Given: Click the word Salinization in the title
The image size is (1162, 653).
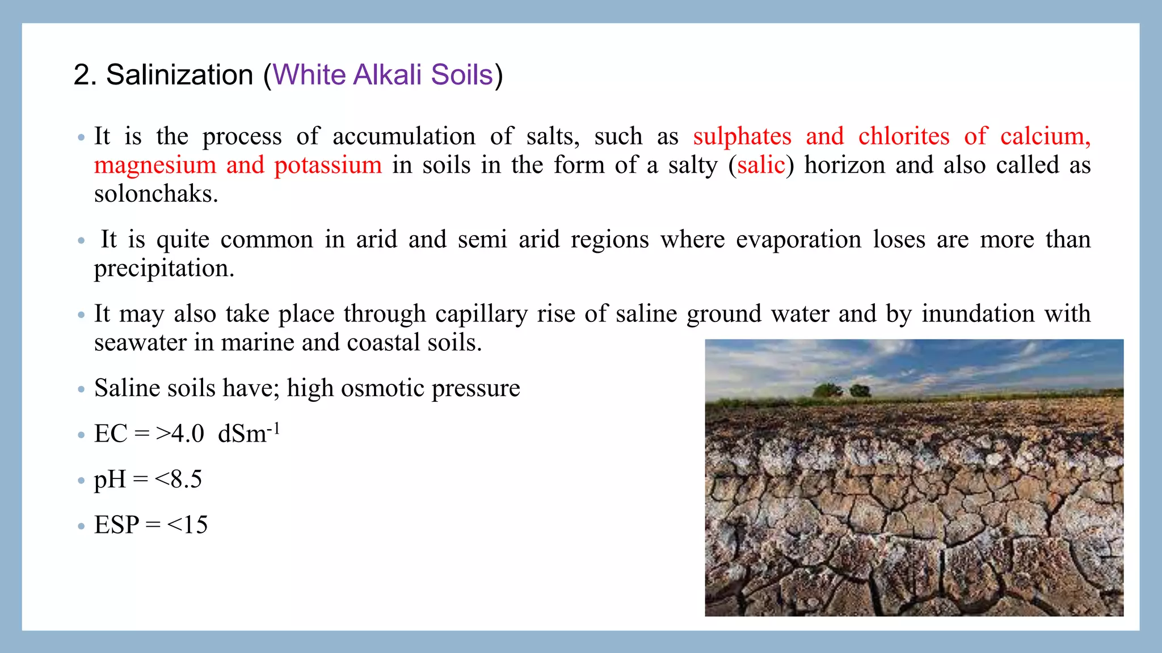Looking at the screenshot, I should (x=179, y=75).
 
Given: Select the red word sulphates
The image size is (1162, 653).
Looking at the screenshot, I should (x=742, y=137).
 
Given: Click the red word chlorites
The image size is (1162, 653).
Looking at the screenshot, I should (x=904, y=137).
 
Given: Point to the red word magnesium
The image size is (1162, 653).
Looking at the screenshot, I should (x=155, y=166).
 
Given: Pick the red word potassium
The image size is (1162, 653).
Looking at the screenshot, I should (x=328, y=166).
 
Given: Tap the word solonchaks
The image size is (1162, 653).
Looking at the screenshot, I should (x=156, y=194).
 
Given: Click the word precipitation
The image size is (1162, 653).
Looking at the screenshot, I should (x=164, y=269).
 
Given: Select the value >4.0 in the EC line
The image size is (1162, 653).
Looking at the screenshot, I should (x=180, y=434).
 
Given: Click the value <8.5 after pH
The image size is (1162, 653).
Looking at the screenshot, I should (x=178, y=480).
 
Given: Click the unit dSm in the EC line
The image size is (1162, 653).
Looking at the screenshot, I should (x=242, y=434).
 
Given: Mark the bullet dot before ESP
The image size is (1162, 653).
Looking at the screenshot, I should (x=81, y=526).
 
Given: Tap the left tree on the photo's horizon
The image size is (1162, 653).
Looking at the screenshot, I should (x=827, y=391).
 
